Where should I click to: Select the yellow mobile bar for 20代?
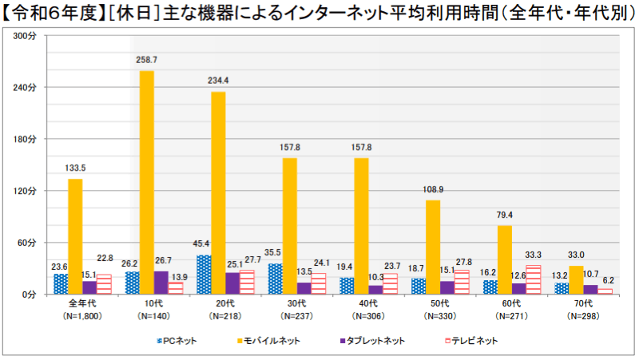click(218, 192)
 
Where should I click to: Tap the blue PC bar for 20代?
click(204, 275)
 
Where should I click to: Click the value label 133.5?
click(74, 168)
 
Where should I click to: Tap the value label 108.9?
click(434, 189)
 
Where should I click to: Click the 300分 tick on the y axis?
click(26, 35)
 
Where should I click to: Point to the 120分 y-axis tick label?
click(26, 191)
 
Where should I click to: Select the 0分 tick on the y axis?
click(29, 295)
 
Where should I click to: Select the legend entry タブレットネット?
click(371, 341)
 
